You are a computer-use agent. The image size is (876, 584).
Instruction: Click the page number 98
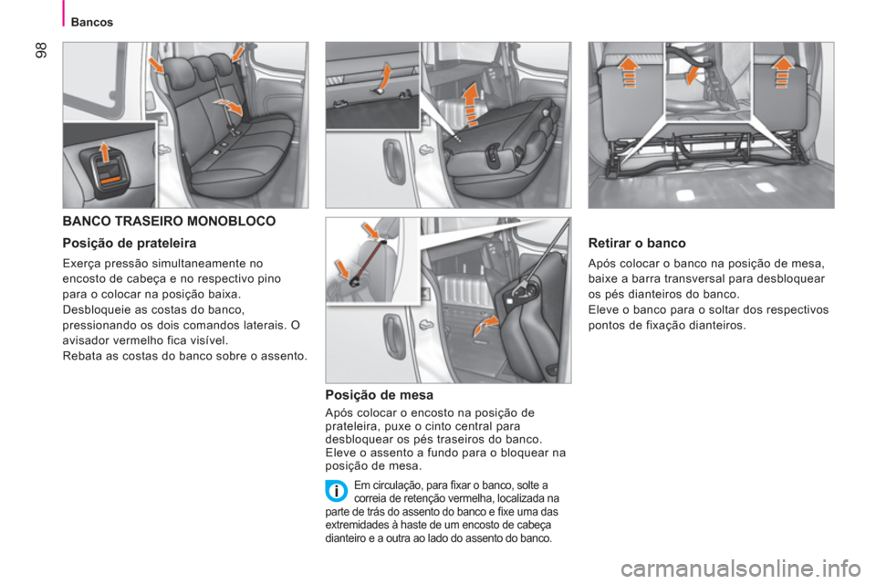coord(42,50)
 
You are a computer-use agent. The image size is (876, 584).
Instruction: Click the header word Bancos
coord(91,22)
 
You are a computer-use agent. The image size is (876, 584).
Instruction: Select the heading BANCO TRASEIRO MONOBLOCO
coord(170,222)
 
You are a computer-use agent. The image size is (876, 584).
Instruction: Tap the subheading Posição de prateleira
coord(130,244)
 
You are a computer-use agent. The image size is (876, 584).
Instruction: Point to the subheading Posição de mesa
coord(380,396)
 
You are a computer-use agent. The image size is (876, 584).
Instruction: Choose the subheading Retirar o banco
coord(637,243)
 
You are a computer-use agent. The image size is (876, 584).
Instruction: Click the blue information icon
coord(337,491)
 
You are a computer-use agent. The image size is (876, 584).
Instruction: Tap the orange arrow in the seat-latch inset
coord(104,152)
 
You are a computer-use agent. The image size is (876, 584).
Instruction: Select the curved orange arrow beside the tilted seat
coord(485,324)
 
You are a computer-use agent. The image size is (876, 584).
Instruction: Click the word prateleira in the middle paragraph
coord(351,426)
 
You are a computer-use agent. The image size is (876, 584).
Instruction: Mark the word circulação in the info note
coord(396,485)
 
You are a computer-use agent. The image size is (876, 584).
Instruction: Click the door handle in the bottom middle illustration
coord(393,337)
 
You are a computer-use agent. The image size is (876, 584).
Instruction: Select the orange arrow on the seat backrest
coord(230,106)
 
